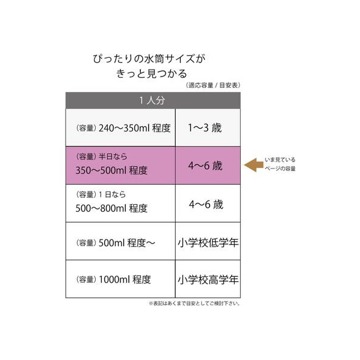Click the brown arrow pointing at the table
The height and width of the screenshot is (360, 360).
coord(253,165)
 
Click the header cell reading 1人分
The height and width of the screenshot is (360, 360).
coord(153,101)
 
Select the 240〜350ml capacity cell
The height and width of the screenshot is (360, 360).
coord(120,128)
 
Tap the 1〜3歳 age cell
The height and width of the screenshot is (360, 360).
coord(208,128)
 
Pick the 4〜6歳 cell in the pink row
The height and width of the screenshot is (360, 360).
coord(208,166)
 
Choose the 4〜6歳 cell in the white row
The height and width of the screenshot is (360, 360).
coord(208,203)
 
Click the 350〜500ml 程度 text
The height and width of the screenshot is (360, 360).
coord(111,170)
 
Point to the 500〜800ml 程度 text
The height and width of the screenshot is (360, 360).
coord(111,208)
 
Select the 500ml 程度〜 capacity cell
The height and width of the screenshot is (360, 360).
coord(120,241)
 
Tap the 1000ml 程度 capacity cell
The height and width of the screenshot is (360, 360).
coord(120,279)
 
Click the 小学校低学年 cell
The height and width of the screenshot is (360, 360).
coord(208,241)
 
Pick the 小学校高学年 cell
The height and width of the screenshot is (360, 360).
coord(208,279)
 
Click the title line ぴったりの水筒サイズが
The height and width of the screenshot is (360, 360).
coord(149,59)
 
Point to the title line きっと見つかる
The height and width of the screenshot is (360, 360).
coord(152,73)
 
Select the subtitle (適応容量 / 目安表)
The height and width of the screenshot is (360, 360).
coord(213,85)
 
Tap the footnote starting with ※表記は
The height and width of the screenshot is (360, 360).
coord(194,303)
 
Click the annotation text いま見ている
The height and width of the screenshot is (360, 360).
coord(280,160)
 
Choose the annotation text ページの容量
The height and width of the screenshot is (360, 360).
coord(280,169)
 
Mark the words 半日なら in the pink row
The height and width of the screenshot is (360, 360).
coord(113,157)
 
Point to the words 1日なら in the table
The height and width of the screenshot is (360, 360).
coord(112,194)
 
